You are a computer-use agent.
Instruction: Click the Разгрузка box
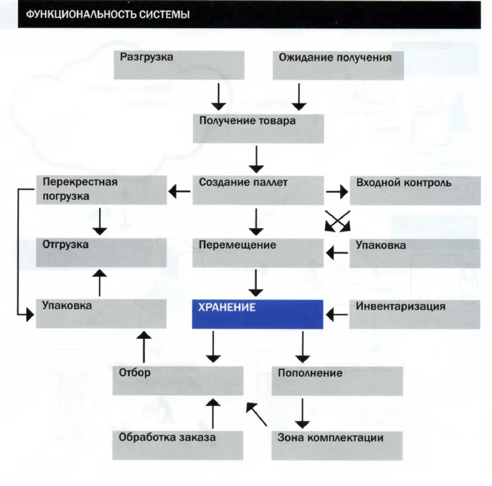[x=179, y=65]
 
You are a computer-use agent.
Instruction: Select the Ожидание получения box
[x=338, y=65]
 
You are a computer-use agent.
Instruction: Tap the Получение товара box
[x=258, y=129]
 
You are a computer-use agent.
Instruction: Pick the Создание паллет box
[x=258, y=191]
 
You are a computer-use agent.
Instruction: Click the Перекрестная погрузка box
[x=102, y=190]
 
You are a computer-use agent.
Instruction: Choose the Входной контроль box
[x=415, y=191]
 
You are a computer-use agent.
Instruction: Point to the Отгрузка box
[x=101, y=253]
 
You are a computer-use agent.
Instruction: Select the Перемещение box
[x=258, y=253]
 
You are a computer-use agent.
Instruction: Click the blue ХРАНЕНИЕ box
[x=258, y=314]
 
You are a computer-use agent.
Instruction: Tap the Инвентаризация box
[x=415, y=315]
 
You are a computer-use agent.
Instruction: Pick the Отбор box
[x=178, y=380]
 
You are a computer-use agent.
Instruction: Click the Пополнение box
[x=337, y=381]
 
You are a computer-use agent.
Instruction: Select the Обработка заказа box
[x=178, y=445]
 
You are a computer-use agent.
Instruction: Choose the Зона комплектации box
[x=337, y=446]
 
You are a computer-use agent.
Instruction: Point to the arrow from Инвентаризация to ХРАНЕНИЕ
[x=337, y=315]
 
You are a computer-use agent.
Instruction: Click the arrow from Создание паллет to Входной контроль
[x=337, y=191]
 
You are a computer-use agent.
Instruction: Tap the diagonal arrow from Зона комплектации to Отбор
[x=256, y=414]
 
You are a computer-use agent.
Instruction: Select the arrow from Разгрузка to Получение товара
[x=219, y=97]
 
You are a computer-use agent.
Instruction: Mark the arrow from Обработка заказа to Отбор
[x=213, y=414]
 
